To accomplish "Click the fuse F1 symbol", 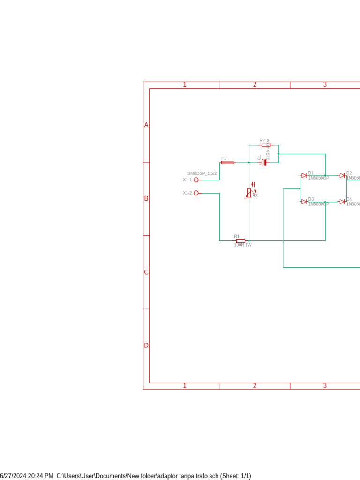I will point(228,162).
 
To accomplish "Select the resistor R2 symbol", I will point(266,145).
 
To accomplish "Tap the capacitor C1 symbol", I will point(264,163).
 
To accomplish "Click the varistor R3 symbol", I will point(249,193).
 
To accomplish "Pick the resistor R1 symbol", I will point(240,240).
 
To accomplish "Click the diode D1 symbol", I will point(304,175).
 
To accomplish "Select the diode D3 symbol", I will point(304,202).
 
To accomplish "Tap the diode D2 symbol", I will point(342,175).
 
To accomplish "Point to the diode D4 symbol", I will point(342,202).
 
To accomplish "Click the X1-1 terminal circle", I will point(196,180).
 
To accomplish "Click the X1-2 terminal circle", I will point(196,193).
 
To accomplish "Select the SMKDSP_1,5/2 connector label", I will point(202,173).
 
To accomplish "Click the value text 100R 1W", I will point(243,245).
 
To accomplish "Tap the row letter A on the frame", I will point(146,125).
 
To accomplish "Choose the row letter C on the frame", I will point(146,272).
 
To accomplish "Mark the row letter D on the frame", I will point(146,345).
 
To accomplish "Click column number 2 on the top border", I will point(255,85).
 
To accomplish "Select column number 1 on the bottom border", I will point(185,386).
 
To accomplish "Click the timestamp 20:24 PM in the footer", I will point(40,476).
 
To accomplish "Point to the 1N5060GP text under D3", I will point(318,204).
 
